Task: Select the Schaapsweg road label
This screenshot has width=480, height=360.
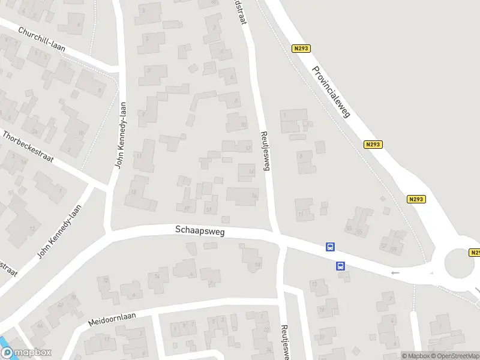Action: point(200,230)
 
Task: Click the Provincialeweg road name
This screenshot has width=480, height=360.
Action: point(331,91)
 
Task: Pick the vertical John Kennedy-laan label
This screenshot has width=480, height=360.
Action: point(122,134)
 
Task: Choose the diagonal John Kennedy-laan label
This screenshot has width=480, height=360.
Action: point(58,232)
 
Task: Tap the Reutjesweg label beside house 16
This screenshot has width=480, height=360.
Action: point(263,150)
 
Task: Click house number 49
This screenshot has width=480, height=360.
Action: point(187,208)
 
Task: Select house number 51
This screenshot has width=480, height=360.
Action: point(209,209)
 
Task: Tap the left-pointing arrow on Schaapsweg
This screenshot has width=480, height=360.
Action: point(394,273)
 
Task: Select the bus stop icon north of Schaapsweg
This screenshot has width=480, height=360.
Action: point(330,247)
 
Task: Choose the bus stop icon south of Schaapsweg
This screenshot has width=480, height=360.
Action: point(340,266)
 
